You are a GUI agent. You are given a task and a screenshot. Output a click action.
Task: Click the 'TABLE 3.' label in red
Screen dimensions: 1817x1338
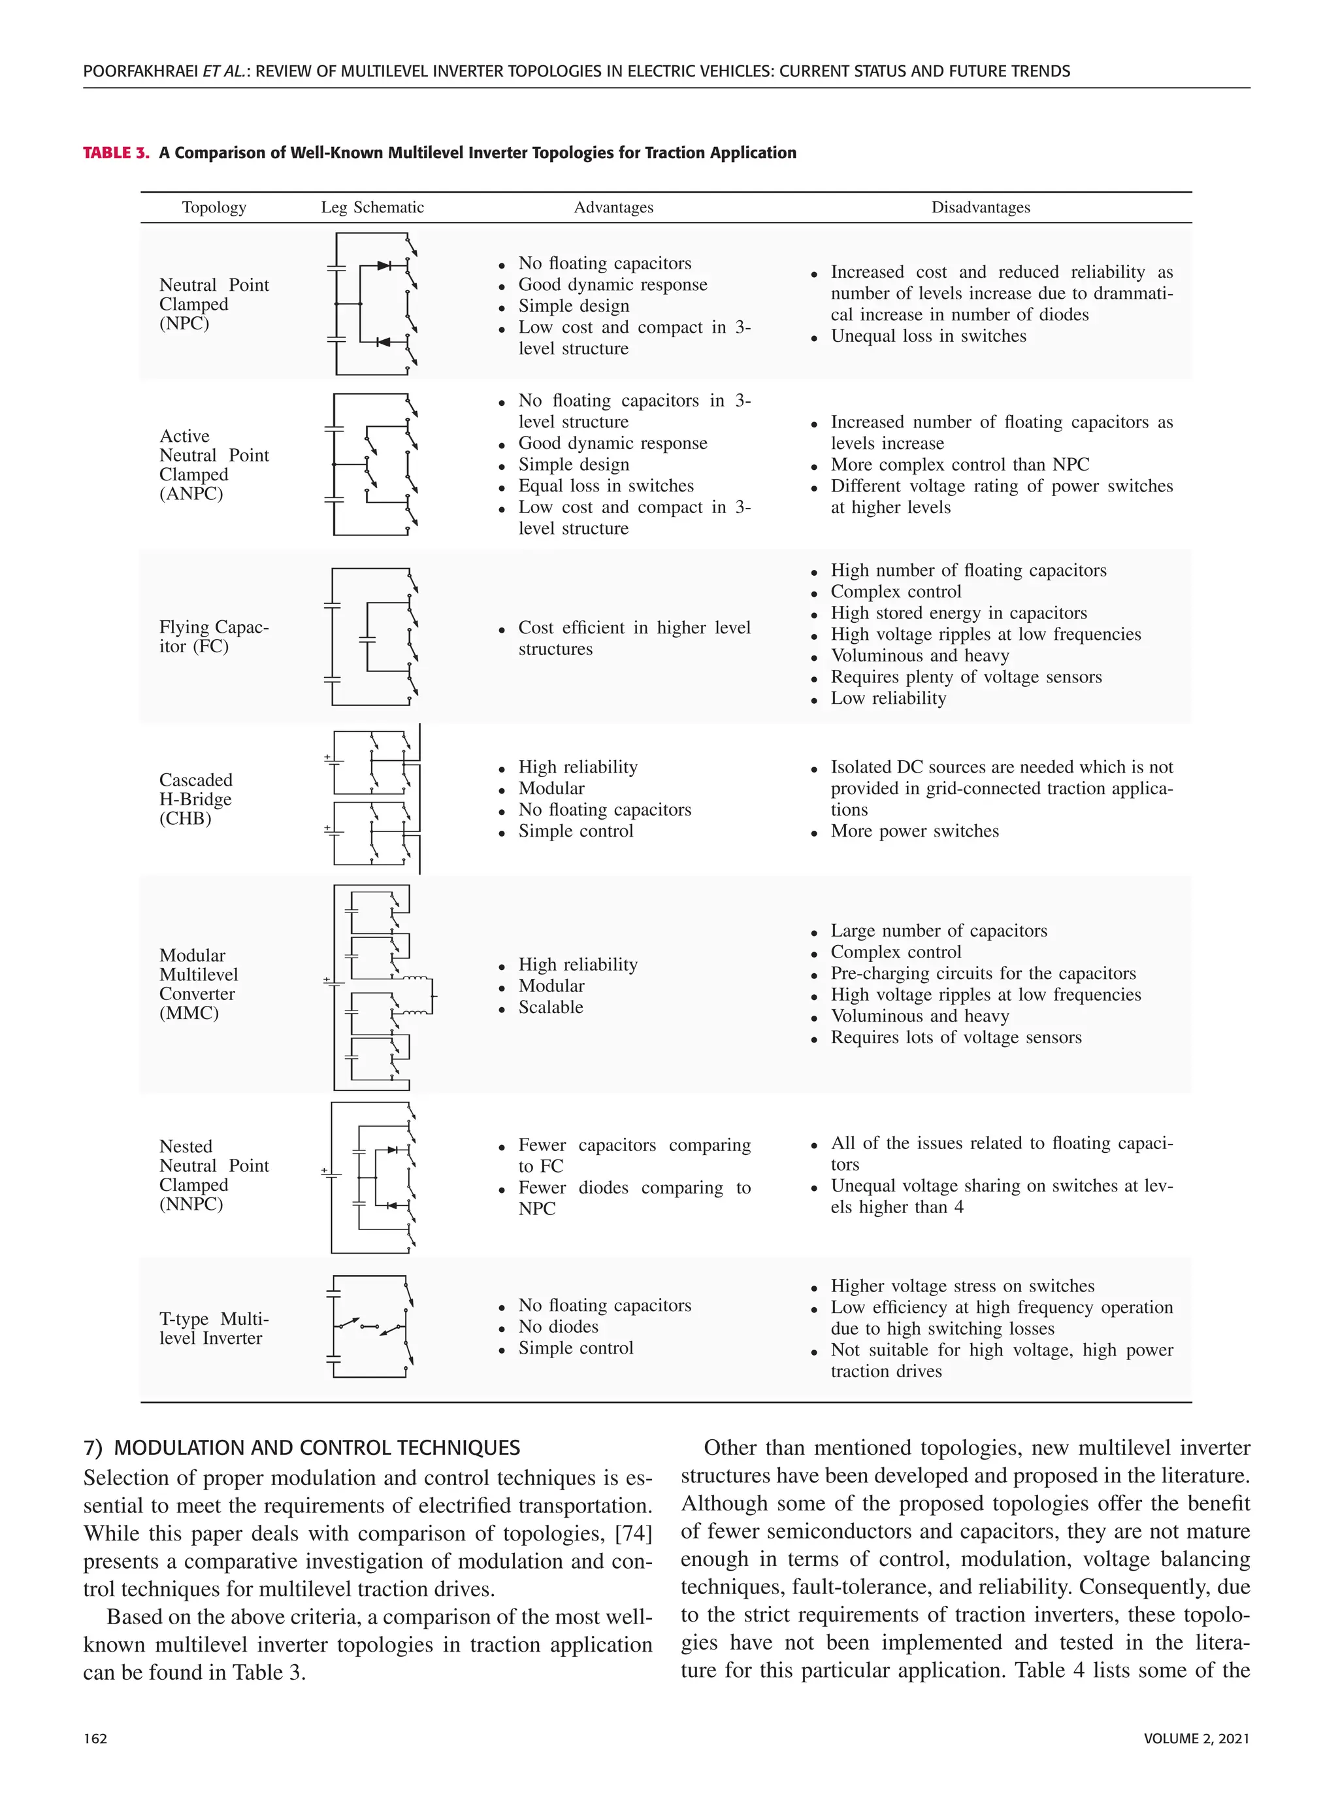(116, 153)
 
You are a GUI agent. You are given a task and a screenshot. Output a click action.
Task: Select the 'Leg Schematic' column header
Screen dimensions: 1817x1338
(372, 207)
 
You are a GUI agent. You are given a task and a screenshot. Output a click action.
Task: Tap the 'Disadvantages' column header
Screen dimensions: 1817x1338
(980, 207)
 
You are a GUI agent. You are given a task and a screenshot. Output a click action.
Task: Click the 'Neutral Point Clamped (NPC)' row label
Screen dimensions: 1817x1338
(214, 305)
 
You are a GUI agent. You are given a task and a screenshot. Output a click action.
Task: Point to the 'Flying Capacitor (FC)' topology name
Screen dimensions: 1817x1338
(214, 637)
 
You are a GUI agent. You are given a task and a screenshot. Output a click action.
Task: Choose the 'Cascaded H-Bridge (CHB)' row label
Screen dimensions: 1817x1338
(196, 799)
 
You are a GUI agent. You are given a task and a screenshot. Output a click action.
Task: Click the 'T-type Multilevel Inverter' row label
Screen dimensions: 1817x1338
(214, 1329)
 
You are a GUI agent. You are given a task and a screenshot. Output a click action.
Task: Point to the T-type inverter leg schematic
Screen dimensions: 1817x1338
(372, 1326)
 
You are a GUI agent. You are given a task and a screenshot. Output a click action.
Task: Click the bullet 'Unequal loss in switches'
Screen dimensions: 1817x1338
(928, 336)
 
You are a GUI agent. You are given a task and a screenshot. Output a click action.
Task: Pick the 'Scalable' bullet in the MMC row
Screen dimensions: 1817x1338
(551, 1008)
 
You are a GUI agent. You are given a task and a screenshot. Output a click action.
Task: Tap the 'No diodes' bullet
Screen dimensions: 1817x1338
(558, 1327)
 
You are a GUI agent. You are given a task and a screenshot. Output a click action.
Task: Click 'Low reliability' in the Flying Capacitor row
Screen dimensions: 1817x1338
(888, 698)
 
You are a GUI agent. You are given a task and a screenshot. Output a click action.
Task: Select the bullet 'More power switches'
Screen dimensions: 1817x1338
(915, 831)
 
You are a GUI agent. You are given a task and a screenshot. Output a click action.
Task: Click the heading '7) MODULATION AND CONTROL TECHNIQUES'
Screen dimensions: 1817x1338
(302, 1448)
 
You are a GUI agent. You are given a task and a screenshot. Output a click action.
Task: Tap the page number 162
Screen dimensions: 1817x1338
(95, 1739)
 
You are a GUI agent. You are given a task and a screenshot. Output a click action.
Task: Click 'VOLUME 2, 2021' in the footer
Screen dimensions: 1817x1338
(1196, 1739)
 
